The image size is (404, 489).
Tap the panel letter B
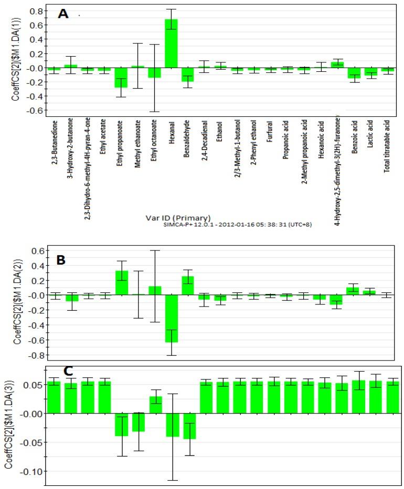point(62,260)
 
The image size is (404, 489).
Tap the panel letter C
point(68,371)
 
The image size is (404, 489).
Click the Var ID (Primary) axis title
point(179,217)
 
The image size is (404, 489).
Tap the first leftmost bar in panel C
point(54,397)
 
